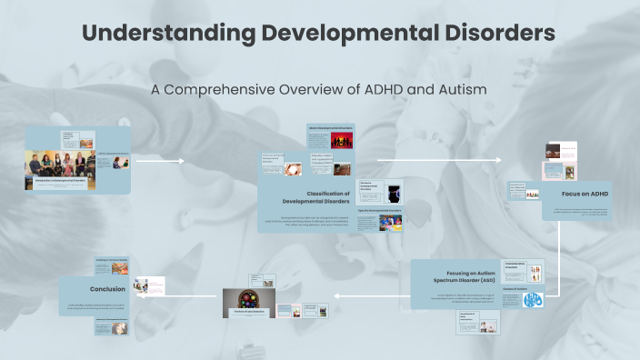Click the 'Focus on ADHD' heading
[585, 194]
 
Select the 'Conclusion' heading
[107, 289]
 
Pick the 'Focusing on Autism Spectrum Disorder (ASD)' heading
[457, 275]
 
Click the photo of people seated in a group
[60, 165]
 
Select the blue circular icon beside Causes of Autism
[533, 299]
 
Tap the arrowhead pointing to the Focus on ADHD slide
[497, 161]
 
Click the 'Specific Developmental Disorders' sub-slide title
[379, 211]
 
